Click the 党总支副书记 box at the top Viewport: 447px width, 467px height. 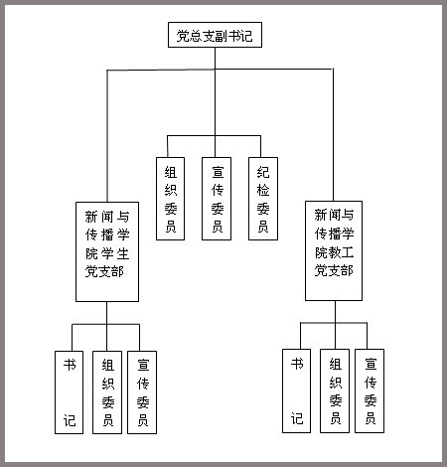[x=215, y=35]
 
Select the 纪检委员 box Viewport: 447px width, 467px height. [x=263, y=199]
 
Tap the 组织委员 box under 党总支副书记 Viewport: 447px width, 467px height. [x=170, y=199]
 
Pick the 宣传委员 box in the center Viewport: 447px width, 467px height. [x=217, y=199]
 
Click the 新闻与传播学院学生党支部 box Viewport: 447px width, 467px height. [x=107, y=251]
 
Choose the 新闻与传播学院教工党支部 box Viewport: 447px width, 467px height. [x=334, y=250]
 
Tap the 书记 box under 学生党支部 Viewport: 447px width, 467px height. [x=69, y=392]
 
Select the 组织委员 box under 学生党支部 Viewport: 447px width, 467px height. [x=107, y=392]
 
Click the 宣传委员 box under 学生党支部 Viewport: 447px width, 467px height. [x=142, y=392]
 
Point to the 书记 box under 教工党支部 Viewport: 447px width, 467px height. [x=296, y=390]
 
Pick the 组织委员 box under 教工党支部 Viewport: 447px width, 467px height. [x=335, y=390]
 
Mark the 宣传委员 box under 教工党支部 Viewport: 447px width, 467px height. [x=370, y=390]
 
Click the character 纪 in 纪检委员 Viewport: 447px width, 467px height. [x=263, y=172]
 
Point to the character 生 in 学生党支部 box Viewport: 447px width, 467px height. [x=123, y=253]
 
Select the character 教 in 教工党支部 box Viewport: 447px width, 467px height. [x=335, y=252]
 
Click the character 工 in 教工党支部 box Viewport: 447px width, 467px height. [x=348, y=252]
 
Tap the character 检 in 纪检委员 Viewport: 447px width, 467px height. [x=263, y=191]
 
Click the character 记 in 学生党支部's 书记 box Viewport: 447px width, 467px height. [x=70, y=420]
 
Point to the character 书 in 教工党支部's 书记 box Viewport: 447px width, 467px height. [x=297, y=364]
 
